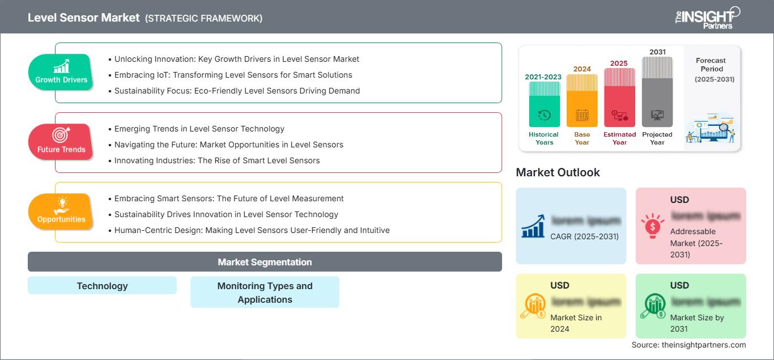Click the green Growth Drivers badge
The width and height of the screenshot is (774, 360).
pyautogui.click(x=61, y=72)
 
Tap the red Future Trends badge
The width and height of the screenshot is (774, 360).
pyautogui.click(x=61, y=142)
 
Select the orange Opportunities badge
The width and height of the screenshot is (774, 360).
pyautogui.click(x=61, y=211)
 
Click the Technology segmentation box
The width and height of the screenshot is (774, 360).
pyautogui.click(x=102, y=286)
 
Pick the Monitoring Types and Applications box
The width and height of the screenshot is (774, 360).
pyautogui.click(x=265, y=293)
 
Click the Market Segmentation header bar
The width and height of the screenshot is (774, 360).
pyautogui.click(x=265, y=262)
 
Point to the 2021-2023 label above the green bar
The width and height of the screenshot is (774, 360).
pyautogui.click(x=544, y=77)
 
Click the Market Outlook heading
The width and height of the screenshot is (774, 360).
pyautogui.click(x=558, y=172)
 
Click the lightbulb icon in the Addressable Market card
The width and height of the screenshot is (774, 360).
pyautogui.click(x=652, y=226)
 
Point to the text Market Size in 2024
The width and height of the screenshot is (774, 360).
pyautogui.click(x=575, y=323)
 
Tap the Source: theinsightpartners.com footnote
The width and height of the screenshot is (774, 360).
pyautogui.click(x=688, y=345)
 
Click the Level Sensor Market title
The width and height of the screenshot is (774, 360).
pyautogui.click(x=83, y=18)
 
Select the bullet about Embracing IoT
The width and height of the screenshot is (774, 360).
pyautogui.click(x=233, y=75)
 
